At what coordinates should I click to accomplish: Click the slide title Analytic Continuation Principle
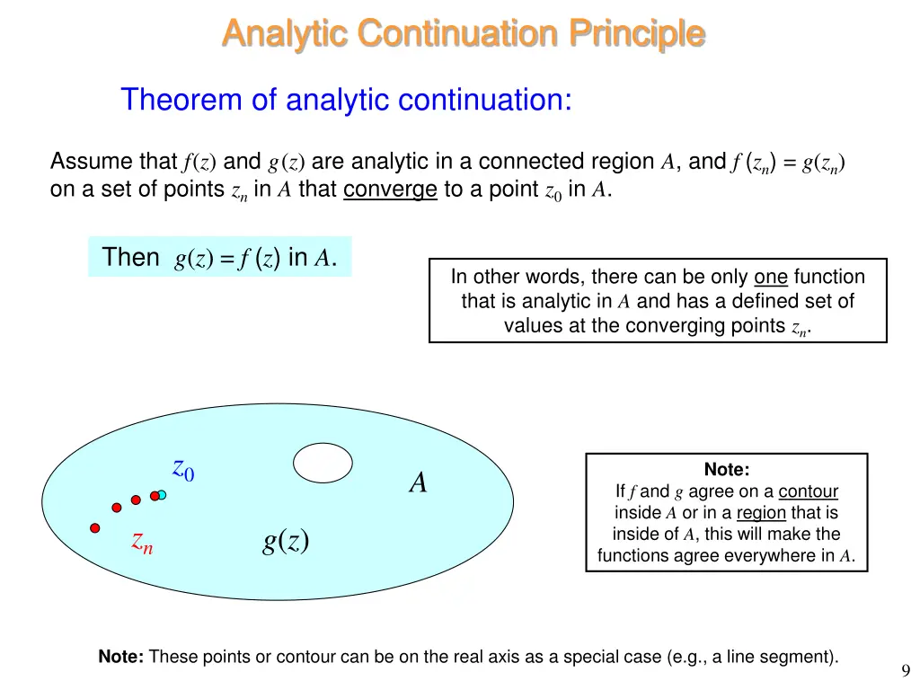(463, 33)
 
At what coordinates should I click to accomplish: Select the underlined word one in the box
(771, 277)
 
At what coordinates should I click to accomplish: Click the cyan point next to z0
(162, 494)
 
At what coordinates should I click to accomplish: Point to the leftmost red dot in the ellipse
(94, 528)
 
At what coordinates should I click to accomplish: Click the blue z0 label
(183, 469)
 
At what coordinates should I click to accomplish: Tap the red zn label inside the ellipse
(142, 541)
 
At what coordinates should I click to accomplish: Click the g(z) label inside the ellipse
(286, 540)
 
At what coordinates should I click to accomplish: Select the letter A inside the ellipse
(418, 483)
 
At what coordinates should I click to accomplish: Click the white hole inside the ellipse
(323, 463)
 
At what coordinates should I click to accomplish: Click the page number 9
(905, 669)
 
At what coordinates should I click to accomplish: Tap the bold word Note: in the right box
(726, 470)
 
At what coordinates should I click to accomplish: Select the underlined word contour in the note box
(808, 491)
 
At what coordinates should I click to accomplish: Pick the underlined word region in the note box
(761, 513)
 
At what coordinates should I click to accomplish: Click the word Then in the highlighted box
(130, 257)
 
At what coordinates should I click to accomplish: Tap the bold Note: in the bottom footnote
(120, 658)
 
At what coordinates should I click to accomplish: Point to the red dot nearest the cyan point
(155, 496)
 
